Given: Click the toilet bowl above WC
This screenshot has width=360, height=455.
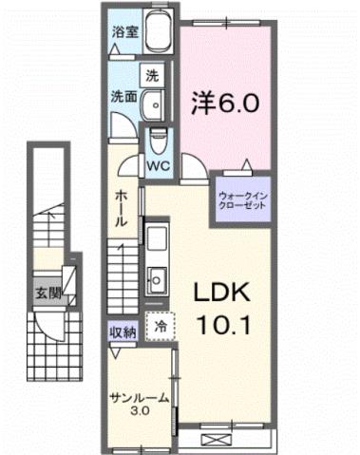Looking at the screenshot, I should pyautogui.click(x=158, y=139).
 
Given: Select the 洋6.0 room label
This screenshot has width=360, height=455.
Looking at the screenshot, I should pyautogui.click(x=224, y=100).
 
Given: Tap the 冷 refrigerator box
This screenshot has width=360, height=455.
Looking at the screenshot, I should pyautogui.click(x=160, y=324).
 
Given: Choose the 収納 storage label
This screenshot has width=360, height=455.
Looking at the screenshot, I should pyautogui.click(x=123, y=331).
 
